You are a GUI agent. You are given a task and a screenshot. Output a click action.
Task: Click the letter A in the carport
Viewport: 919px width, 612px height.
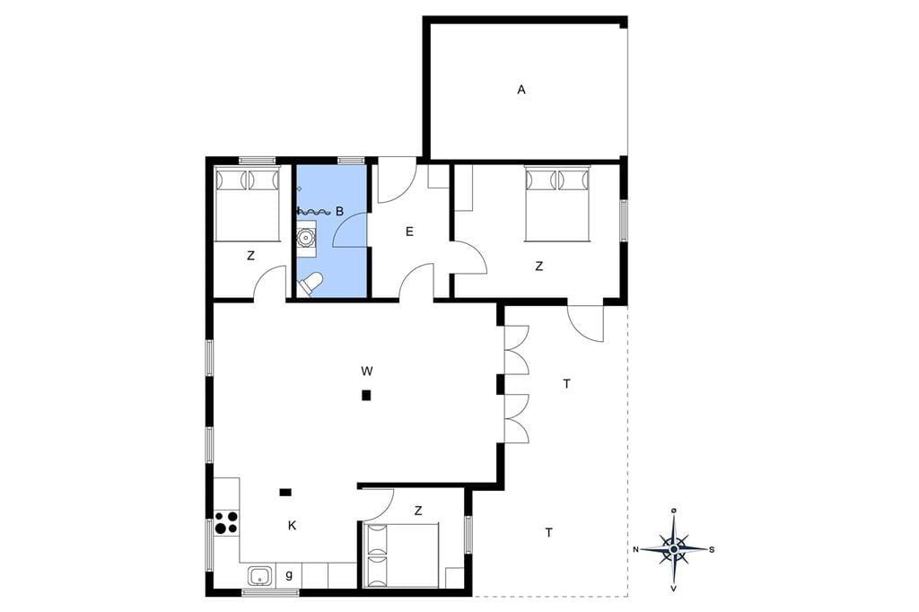click(x=521, y=90)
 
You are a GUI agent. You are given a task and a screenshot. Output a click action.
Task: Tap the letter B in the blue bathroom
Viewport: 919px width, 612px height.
click(x=339, y=212)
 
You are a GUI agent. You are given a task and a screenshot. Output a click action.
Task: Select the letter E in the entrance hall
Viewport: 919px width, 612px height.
click(x=409, y=232)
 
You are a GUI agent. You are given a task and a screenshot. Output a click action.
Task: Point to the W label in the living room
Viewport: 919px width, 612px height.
click(x=367, y=371)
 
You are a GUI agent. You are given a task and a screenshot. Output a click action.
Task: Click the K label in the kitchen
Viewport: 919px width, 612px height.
click(x=292, y=526)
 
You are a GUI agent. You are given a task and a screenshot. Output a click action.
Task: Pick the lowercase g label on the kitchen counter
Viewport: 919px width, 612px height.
click(x=289, y=574)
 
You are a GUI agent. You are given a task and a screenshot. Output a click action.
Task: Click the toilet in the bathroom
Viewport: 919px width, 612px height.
click(x=310, y=284)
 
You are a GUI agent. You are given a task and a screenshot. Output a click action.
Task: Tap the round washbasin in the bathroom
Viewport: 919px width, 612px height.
click(x=305, y=238)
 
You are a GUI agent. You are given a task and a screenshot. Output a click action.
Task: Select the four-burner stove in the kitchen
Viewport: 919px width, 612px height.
click(x=226, y=522)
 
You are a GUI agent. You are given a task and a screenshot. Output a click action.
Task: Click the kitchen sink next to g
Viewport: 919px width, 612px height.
click(x=260, y=576)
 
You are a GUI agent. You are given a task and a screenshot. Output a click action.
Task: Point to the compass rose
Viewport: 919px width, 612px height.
click(x=674, y=548)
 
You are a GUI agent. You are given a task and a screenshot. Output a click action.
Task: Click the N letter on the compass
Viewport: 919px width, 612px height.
click(x=635, y=549)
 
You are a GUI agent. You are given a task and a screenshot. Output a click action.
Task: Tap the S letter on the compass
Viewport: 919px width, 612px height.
click(x=712, y=549)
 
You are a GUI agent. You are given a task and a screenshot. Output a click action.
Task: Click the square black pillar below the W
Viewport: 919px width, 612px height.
click(x=366, y=395)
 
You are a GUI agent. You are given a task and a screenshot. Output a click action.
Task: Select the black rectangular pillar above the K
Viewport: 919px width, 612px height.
click(x=285, y=493)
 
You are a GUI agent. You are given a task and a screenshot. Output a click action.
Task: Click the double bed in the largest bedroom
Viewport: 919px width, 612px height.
click(x=556, y=204)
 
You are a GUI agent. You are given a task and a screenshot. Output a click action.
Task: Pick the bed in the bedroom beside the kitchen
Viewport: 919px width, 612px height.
click(x=401, y=555)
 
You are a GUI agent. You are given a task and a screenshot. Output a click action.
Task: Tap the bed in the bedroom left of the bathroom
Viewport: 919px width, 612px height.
click(x=247, y=204)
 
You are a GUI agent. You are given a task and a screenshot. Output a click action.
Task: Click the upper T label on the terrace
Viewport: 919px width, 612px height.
click(x=566, y=384)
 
